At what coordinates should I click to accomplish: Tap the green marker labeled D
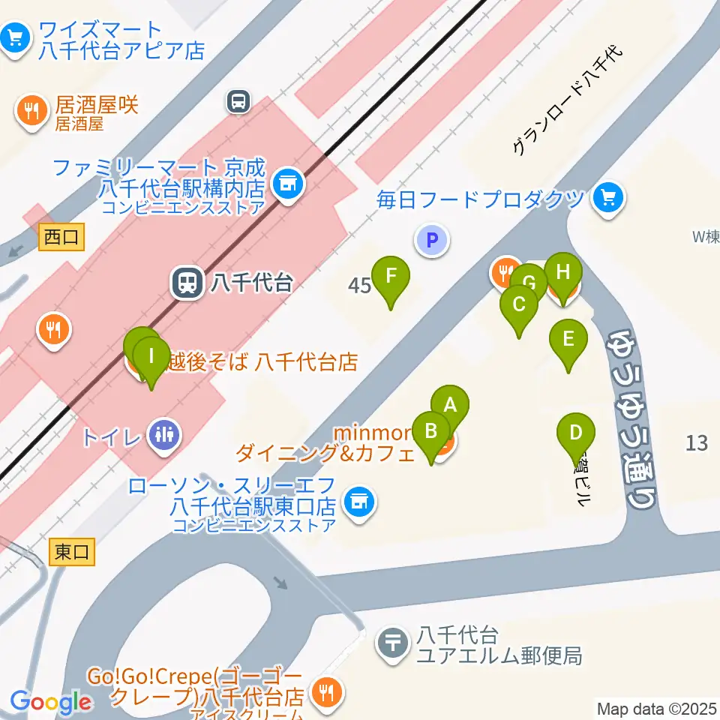pos(576,433)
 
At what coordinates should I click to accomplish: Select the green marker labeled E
pos(568,339)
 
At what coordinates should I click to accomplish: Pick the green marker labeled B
pos(431,432)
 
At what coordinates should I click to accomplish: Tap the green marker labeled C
pos(518,305)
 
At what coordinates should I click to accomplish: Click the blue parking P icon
pos(431,241)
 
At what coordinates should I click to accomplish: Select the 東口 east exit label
pos(72,553)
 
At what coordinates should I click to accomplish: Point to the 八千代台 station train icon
pos(187,283)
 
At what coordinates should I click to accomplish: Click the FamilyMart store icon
pos(286,181)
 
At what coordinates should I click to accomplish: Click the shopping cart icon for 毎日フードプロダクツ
pos(607,198)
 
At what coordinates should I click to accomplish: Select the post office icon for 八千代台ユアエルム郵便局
pos(392,643)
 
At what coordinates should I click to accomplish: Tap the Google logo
pos(50,702)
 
